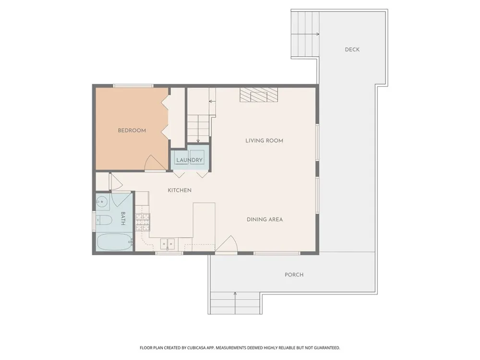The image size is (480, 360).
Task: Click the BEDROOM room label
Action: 132,131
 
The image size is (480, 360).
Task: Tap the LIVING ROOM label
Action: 264,141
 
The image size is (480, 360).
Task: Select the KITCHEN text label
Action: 180,190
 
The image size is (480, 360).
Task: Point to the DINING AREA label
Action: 265,219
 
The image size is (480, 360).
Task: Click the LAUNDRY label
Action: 190,160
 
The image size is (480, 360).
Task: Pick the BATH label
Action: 123,218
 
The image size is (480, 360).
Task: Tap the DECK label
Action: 352,49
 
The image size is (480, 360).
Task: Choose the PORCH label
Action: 294,275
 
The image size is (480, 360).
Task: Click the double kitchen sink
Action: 168,244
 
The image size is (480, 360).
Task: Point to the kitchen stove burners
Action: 143,222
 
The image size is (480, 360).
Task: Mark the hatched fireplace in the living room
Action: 259,95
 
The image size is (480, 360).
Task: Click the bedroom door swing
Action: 155,163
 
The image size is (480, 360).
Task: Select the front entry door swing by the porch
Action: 226,244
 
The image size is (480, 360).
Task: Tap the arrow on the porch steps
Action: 235,303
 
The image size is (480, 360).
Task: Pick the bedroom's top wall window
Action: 133,86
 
